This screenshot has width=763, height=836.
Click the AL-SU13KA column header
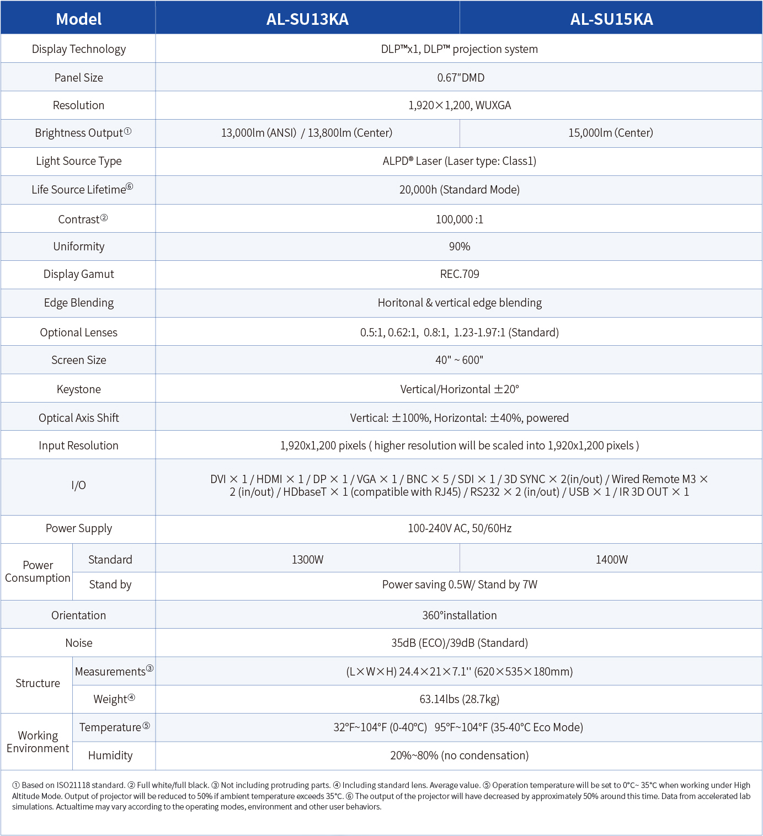307,19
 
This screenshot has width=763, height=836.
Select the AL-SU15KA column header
611,19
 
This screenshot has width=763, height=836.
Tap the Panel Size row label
78,78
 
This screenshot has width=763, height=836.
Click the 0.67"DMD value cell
460,78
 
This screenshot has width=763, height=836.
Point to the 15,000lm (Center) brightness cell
611,133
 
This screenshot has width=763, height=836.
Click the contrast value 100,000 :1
459,219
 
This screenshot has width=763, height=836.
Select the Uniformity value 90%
459,246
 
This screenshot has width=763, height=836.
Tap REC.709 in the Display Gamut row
459,274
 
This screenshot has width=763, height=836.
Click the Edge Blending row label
78,303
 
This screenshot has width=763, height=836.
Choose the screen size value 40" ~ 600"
459,360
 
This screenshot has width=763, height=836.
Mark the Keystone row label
78,389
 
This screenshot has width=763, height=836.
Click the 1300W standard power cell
307,560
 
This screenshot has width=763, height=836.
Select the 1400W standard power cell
611,560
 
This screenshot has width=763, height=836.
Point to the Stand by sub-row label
110,585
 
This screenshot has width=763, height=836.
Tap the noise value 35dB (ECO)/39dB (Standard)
459,643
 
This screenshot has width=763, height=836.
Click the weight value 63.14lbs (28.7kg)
459,699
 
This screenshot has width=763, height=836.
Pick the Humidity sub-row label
110,755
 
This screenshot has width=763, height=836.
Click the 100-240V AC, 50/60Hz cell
459,528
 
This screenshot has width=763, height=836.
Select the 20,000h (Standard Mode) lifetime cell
459,190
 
